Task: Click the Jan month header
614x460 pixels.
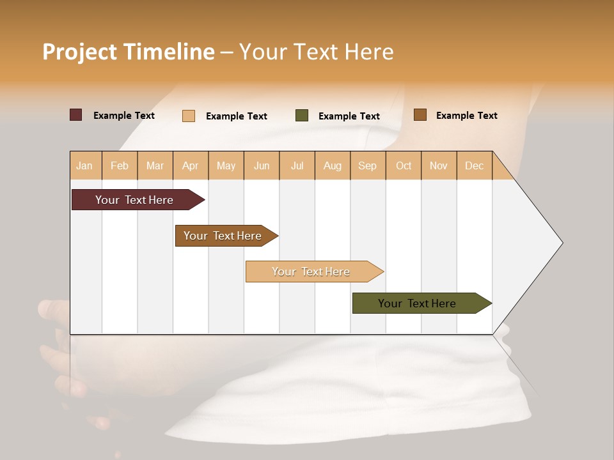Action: [x=85, y=165]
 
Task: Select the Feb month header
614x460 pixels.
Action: [x=120, y=165]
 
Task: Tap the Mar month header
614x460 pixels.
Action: [x=155, y=165]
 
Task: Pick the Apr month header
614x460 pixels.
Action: [x=191, y=165]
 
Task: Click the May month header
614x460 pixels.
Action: [x=226, y=165]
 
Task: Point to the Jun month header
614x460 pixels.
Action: [x=262, y=165]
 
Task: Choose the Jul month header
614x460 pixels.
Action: [x=297, y=165]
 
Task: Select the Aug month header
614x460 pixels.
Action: [x=333, y=165]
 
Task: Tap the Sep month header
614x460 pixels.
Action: [x=368, y=165]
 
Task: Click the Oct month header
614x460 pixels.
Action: [x=404, y=165]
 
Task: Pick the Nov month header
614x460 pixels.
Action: [x=439, y=165]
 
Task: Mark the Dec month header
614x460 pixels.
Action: [x=474, y=165]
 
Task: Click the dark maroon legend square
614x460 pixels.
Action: [x=76, y=115]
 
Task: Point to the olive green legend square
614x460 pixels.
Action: [x=302, y=116]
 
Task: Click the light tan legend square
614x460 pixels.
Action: [x=189, y=116]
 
